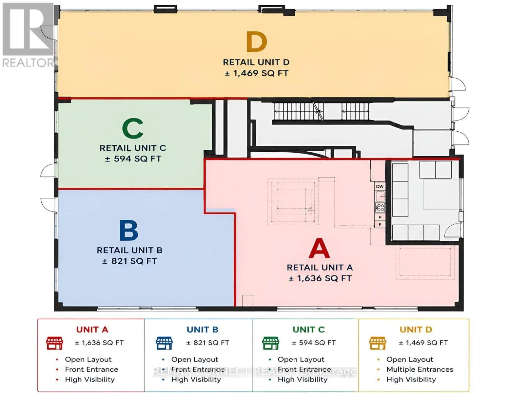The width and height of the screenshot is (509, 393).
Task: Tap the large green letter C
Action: coord(133,128)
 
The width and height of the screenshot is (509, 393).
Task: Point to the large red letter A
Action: coord(319,248)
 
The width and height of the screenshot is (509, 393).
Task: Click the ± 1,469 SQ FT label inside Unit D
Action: coord(257,73)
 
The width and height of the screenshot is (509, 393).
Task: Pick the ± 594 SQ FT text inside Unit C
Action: coord(133,159)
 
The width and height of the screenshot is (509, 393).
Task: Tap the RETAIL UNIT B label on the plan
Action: coord(129,250)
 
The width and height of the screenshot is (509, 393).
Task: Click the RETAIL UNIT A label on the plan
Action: coord(320,268)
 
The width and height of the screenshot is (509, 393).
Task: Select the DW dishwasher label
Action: coord(380,187)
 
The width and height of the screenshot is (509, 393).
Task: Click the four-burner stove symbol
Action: coord(380,208)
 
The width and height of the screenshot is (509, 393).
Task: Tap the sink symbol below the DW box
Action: coord(380,196)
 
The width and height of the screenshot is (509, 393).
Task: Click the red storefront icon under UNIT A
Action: coord(54,343)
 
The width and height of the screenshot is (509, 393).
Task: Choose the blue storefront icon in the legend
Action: coord(165,343)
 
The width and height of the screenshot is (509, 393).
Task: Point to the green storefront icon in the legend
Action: coord(270,343)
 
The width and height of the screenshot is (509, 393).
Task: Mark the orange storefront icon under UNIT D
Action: coord(378,343)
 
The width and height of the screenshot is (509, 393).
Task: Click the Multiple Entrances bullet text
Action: coord(420,369)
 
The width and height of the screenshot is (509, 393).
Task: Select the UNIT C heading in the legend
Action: coord(308,329)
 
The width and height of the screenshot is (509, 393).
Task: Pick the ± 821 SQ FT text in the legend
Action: coord(207,343)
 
